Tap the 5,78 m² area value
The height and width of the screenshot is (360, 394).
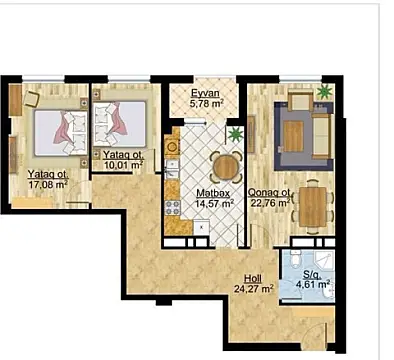click(x=209, y=101)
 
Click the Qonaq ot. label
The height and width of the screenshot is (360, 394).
click(x=270, y=193)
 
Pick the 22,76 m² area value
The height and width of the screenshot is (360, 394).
click(x=270, y=203)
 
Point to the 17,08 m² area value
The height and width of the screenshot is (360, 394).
click(x=46, y=183)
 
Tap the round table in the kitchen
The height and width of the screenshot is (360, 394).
click(x=228, y=165)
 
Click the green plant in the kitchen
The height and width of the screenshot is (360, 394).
click(x=236, y=133)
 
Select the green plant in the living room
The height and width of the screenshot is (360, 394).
click(x=323, y=93)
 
